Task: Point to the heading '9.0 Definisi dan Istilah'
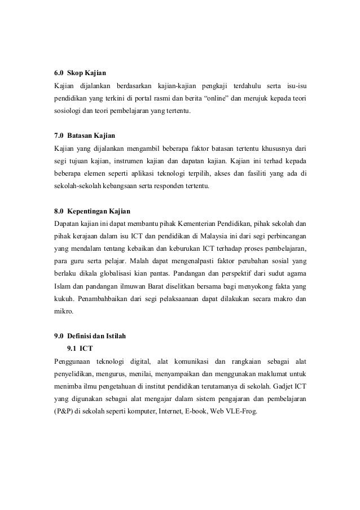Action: (x=90, y=337)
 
